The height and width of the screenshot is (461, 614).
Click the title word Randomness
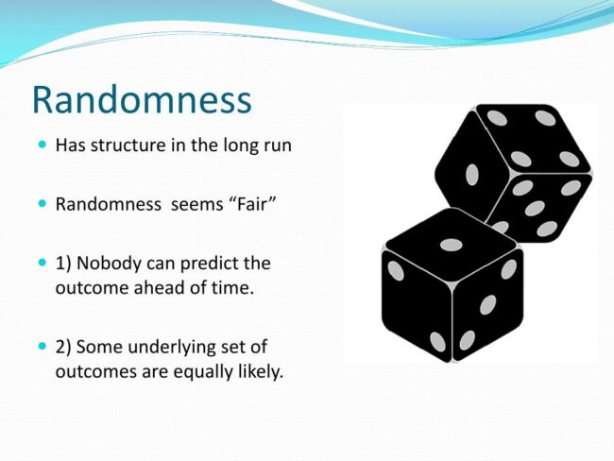coord(142,99)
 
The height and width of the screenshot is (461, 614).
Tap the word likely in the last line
coord(260,371)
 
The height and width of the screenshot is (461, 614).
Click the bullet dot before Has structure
coord(43,145)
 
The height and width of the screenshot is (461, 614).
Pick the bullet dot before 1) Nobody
coord(43,262)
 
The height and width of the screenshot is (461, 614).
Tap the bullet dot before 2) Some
coord(43,347)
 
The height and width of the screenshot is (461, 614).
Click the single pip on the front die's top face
coord(452,246)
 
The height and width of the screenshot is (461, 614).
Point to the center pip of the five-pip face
coord(535,209)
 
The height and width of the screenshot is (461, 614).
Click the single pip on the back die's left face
coord(472,175)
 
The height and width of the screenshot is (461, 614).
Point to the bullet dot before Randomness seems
coord(43,203)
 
